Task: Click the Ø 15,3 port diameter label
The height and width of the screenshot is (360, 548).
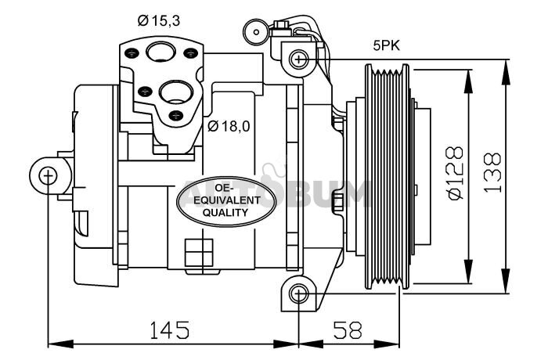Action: pyautogui.click(x=159, y=20)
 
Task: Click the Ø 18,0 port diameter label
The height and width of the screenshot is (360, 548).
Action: pyautogui.click(x=229, y=126)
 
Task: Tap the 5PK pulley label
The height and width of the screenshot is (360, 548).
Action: pyautogui.click(x=386, y=46)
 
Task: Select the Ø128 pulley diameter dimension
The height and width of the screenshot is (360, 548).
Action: pyautogui.click(x=455, y=173)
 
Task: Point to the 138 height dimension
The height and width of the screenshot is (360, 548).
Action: pyautogui.click(x=492, y=173)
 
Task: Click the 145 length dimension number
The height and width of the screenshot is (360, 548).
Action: pyautogui.click(x=170, y=330)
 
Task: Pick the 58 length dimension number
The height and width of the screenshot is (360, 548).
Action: pyautogui.click(x=348, y=330)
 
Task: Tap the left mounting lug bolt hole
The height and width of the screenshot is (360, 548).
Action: pyautogui.click(x=48, y=176)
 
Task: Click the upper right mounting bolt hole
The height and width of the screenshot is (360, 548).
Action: pyautogui.click(x=299, y=59)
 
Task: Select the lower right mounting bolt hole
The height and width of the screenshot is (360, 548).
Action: pyautogui.click(x=298, y=294)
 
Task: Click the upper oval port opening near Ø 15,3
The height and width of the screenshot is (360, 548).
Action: pyautogui.click(x=160, y=52)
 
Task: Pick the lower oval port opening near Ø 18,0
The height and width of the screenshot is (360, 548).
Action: pyautogui.click(x=176, y=92)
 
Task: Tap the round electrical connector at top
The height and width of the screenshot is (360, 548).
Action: pyautogui.click(x=256, y=32)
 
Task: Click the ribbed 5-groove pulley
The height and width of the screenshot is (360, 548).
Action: pyautogui.click(x=387, y=177)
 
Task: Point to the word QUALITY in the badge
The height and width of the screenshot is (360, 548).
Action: pyautogui.click(x=225, y=212)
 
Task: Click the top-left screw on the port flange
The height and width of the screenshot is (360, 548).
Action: pyautogui.click(x=132, y=53)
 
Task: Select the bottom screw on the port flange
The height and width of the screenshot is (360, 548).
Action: pyautogui.click(x=175, y=115)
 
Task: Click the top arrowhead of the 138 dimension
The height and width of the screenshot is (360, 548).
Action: pyautogui.click(x=506, y=72)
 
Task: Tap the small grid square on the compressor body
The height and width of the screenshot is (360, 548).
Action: pyautogui.click(x=199, y=252)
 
